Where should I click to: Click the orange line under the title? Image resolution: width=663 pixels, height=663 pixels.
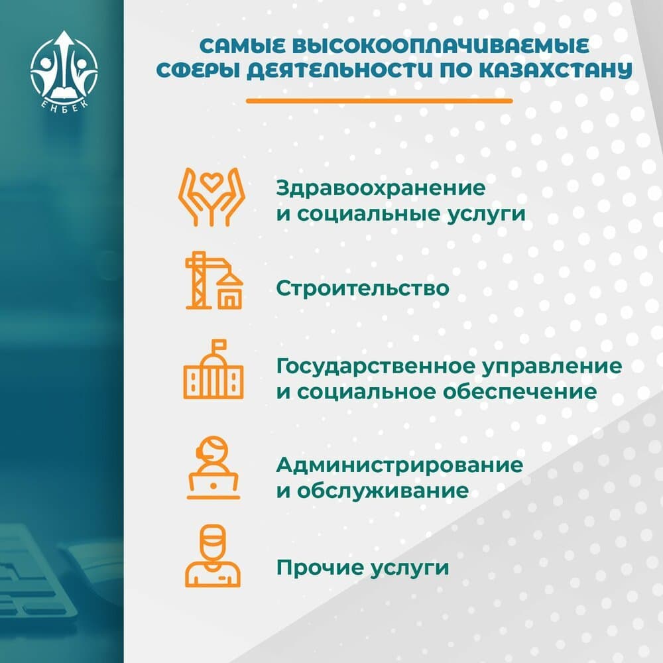pyautogui.click(x=379, y=101)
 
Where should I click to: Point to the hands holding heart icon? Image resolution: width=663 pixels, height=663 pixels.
pyautogui.click(x=211, y=197)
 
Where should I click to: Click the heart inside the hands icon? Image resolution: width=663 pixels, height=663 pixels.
pyautogui.click(x=211, y=182)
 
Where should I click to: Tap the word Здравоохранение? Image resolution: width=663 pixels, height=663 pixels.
pyautogui.click(x=381, y=188)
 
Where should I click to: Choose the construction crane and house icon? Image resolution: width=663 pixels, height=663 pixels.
pyautogui.click(x=214, y=280)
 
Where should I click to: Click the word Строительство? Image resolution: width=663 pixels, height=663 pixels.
pyautogui.click(x=363, y=288)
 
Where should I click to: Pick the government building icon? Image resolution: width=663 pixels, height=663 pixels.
pyautogui.click(x=213, y=369)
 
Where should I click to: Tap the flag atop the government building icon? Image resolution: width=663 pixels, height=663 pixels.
pyautogui.click(x=218, y=345)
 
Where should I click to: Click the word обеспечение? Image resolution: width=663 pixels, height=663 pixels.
pyautogui.click(x=520, y=392)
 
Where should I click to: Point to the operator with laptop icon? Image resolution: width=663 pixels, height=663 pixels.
pyautogui.click(x=213, y=467)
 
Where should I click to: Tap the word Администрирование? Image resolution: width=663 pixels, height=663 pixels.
pyautogui.click(x=400, y=465)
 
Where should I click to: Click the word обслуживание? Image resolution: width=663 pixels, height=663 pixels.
pyautogui.click(x=383, y=491)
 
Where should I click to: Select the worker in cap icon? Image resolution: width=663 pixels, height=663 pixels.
pyautogui.click(x=213, y=556)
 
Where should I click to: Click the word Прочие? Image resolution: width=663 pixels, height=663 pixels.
pyautogui.click(x=320, y=568)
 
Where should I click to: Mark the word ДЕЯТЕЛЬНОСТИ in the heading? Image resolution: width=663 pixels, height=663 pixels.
pyautogui.click(x=339, y=71)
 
